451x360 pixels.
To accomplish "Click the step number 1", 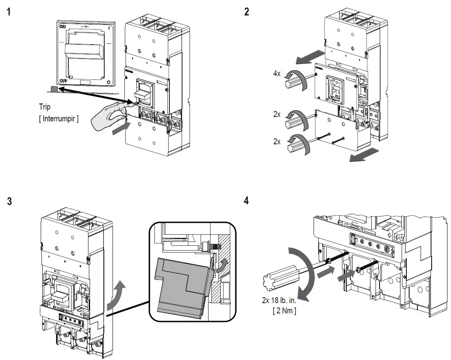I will (9, 12).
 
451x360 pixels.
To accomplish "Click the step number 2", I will (247, 12).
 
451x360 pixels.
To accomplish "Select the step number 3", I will (9, 201).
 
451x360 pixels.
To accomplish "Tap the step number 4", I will (247, 201).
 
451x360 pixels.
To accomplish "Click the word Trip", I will (45, 107).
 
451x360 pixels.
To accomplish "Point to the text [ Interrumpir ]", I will (58, 119).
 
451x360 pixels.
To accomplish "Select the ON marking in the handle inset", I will (62, 27).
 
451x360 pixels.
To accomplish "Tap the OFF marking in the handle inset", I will (62, 81).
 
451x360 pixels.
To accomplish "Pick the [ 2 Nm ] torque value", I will (284, 311).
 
